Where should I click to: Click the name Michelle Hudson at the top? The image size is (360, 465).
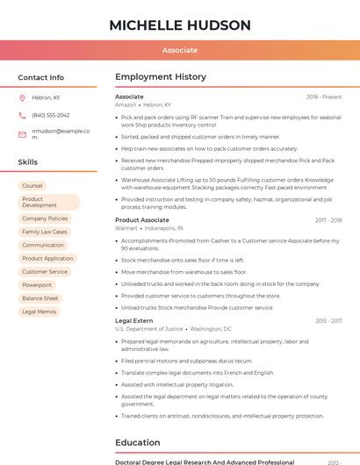pyautogui.click(x=179, y=25)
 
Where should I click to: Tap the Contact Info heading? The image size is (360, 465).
pyautogui.click(x=40, y=77)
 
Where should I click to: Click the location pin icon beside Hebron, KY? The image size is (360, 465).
pyautogui.click(x=22, y=98)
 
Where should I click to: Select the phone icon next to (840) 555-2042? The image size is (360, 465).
pyautogui.click(x=22, y=115)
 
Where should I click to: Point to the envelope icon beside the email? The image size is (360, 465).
pyautogui.click(x=22, y=133)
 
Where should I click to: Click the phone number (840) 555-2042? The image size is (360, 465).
pyautogui.click(x=50, y=115)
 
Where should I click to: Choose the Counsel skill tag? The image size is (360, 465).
pyautogui.click(x=32, y=186)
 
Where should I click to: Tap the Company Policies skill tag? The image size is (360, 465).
pyautogui.click(x=45, y=218)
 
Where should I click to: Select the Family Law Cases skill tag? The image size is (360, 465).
pyautogui.click(x=45, y=232)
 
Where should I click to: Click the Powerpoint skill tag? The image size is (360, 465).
pyautogui.click(x=37, y=285)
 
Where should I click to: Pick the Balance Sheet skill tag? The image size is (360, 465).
pyautogui.click(x=40, y=298)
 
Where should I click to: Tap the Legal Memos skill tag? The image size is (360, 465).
pyautogui.click(x=39, y=311)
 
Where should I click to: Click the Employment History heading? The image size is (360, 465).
pyautogui.click(x=160, y=77)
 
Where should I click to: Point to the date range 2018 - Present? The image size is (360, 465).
pyautogui.click(x=324, y=97)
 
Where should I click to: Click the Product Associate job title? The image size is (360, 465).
pyautogui.click(x=142, y=220)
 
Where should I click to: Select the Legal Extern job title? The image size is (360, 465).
pyautogui.click(x=133, y=321)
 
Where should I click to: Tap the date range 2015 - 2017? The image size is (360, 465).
pyautogui.click(x=328, y=321)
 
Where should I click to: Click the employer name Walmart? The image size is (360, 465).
pyautogui.click(x=126, y=228)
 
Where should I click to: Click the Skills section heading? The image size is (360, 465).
pyautogui.click(x=27, y=162)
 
